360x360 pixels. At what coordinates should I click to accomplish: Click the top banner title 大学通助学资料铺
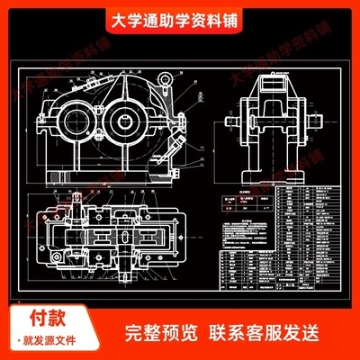point(180,19)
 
